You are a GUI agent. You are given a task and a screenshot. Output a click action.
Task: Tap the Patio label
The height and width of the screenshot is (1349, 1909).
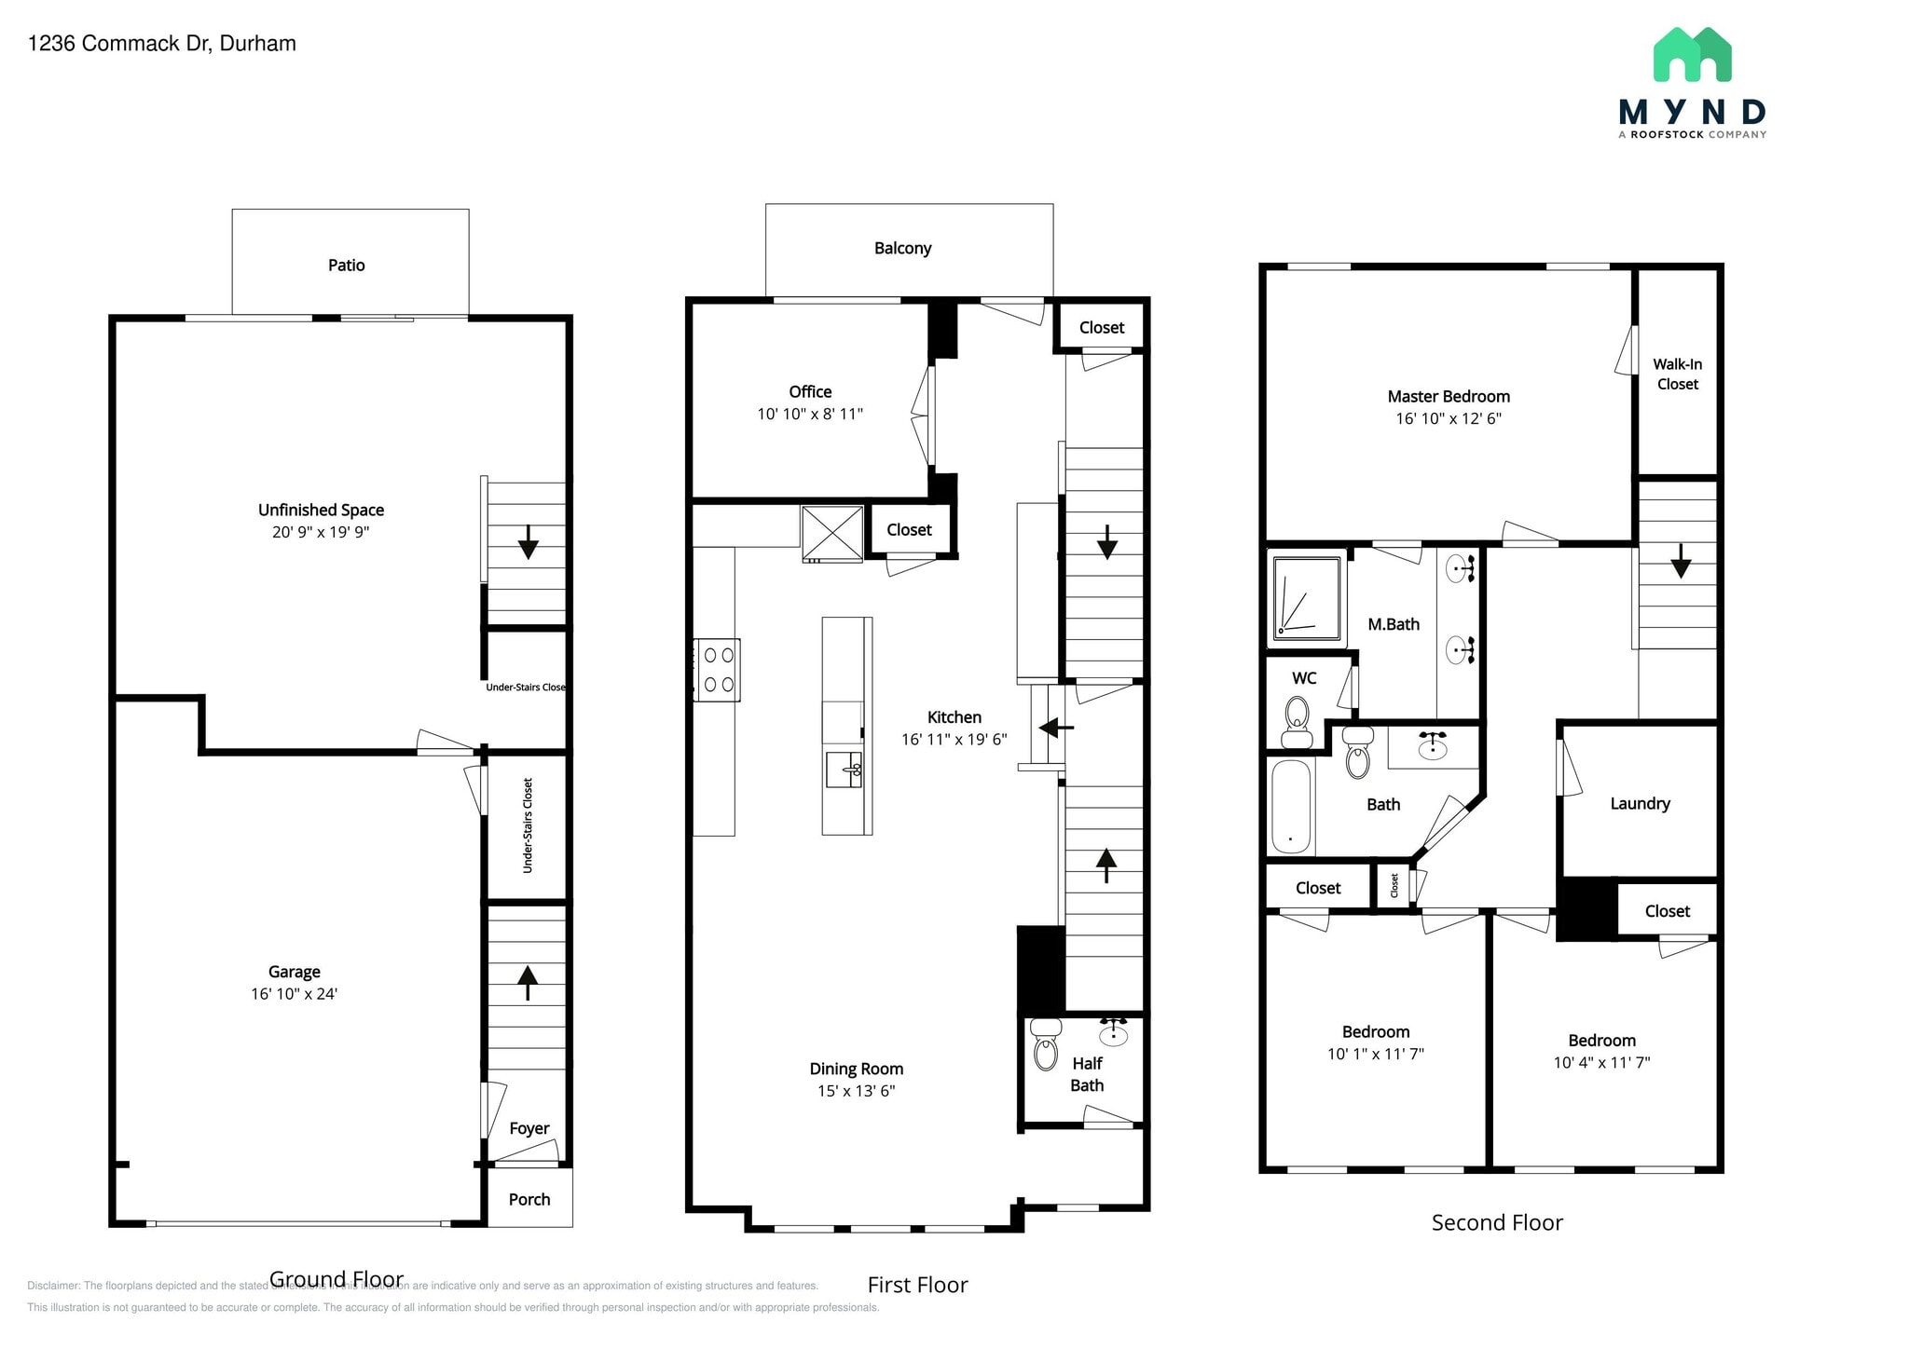tap(346, 266)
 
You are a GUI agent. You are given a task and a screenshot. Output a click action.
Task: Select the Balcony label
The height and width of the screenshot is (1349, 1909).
tap(902, 249)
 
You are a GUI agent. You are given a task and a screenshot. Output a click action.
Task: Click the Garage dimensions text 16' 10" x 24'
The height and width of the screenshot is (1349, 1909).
tap(294, 994)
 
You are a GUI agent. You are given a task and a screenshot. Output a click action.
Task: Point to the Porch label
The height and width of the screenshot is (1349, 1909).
tap(529, 1200)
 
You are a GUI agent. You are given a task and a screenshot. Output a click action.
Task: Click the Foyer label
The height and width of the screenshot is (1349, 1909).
tap(529, 1128)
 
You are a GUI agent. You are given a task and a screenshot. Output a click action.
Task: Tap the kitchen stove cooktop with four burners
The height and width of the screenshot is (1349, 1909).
tap(718, 670)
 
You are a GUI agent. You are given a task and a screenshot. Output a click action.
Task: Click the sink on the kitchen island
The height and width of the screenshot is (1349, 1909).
tap(845, 770)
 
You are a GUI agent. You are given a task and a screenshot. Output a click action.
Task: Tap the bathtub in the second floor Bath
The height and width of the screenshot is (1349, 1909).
tap(1291, 807)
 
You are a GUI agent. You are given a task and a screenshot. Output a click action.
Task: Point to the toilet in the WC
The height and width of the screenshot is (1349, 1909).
tap(1297, 722)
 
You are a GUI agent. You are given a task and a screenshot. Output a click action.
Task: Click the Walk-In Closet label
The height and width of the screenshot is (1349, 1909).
tap(1677, 375)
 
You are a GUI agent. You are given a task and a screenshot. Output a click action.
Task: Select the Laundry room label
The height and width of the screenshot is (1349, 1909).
tap(1640, 804)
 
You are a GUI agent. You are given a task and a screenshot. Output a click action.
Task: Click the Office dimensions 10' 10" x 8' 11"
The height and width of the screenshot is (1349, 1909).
tap(810, 414)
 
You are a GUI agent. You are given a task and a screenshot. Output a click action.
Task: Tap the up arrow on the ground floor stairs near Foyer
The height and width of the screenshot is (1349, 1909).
tap(528, 982)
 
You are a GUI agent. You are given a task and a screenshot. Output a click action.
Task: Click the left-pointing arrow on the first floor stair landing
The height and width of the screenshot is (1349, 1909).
tap(1055, 727)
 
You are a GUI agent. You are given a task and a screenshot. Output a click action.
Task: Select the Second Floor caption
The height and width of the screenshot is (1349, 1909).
tap(1497, 1223)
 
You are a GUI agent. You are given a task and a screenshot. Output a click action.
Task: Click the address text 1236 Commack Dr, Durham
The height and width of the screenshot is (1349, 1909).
tap(162, 44)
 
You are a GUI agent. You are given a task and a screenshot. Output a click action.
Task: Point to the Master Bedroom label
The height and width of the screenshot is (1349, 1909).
tap(1449, 397)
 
